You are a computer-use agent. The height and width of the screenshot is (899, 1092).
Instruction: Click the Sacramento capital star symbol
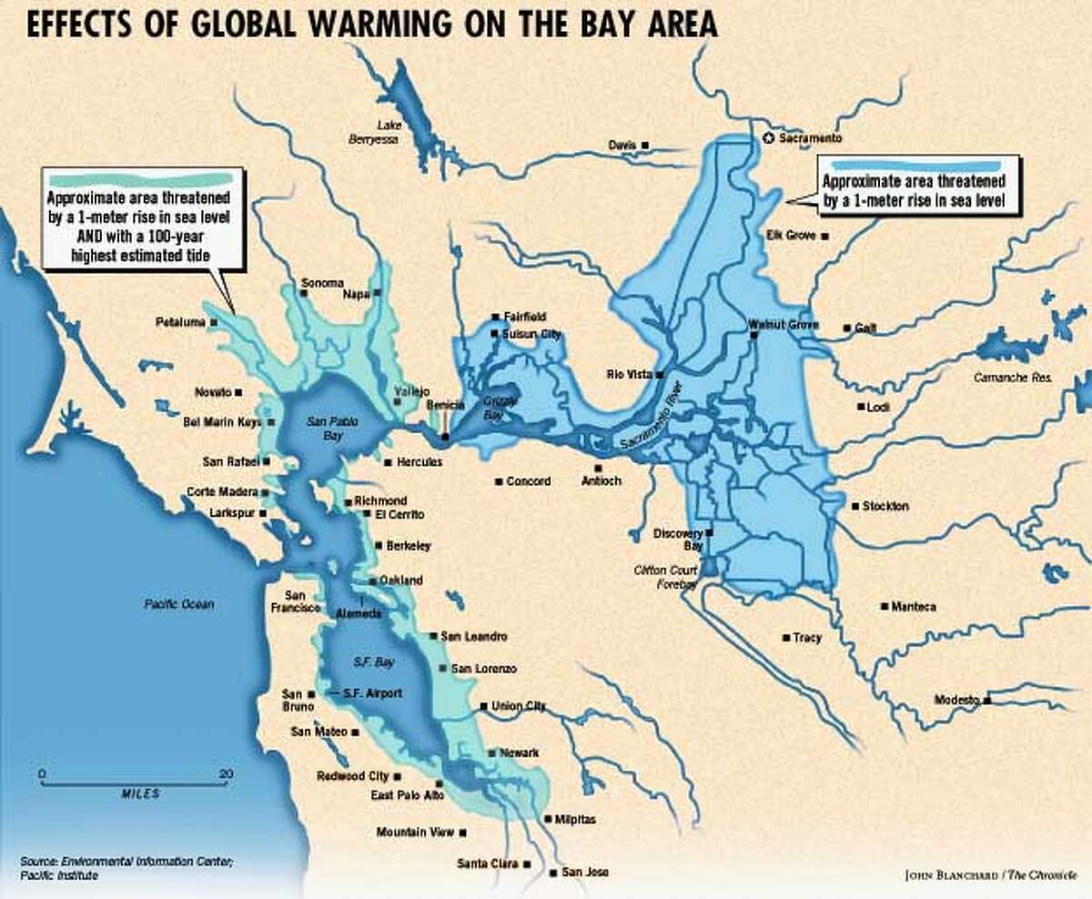[x=767, y=138]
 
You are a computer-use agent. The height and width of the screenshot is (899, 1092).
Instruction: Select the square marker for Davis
[x=645, y=145]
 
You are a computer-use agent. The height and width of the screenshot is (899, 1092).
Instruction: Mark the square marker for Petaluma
[x=214, y=322]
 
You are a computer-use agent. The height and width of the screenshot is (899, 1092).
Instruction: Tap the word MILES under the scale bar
[x=140, y=793]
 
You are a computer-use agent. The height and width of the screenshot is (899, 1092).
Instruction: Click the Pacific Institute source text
[x=54, y=875]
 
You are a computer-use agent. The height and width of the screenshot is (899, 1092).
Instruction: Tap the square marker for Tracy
[x=784, y=638]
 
